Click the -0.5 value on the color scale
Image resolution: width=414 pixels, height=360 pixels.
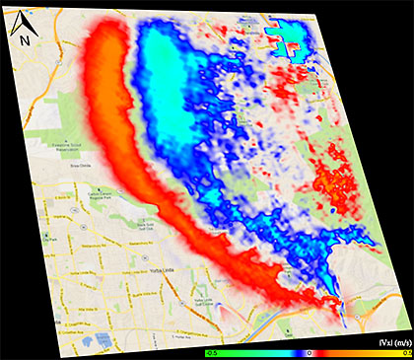211,350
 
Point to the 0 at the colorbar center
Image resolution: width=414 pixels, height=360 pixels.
310,350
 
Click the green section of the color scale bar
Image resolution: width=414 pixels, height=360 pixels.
227,350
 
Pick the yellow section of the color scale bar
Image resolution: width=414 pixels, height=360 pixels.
389,350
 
